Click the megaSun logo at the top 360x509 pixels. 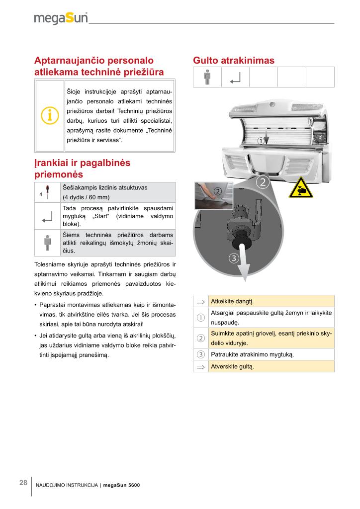click(61, 19)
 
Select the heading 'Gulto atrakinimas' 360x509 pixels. click(233, 61)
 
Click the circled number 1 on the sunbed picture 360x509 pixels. click(261, 141)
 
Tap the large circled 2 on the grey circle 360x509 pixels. click(262, 182)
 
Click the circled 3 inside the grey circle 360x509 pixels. click(234, 258)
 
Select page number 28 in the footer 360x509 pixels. click(23, 483)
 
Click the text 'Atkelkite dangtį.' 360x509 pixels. click(232, 301)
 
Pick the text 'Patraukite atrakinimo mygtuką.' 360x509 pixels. click(252, 354)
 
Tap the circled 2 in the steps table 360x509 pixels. click(201, 338)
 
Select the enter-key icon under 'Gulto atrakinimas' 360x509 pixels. click(235, 77)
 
